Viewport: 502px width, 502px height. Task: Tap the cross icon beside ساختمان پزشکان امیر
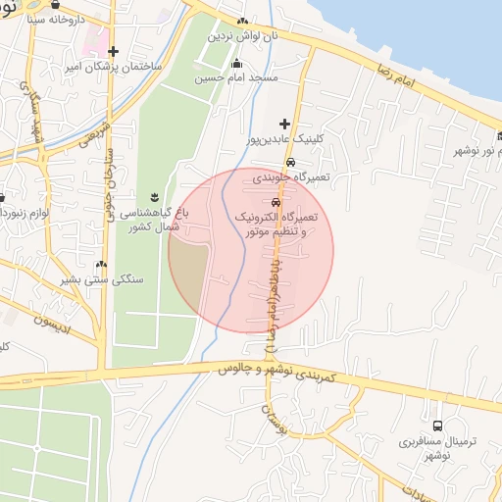pos(115,52)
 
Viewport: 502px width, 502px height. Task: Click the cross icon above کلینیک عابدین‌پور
pos(284,125)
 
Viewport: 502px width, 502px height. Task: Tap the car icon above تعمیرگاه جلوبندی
pos(291,163)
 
